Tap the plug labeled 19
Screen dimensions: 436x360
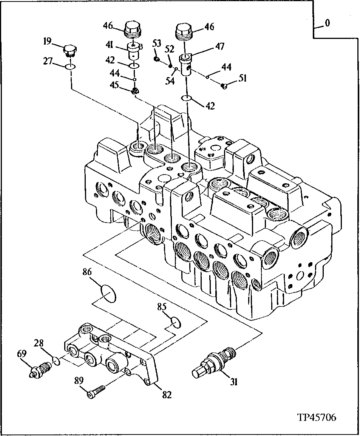71,51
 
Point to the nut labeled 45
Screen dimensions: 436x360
134,91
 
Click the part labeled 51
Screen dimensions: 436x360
224,86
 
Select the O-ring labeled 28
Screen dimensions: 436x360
56,361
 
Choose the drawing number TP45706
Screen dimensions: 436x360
317,417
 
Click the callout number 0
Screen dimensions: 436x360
327,23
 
